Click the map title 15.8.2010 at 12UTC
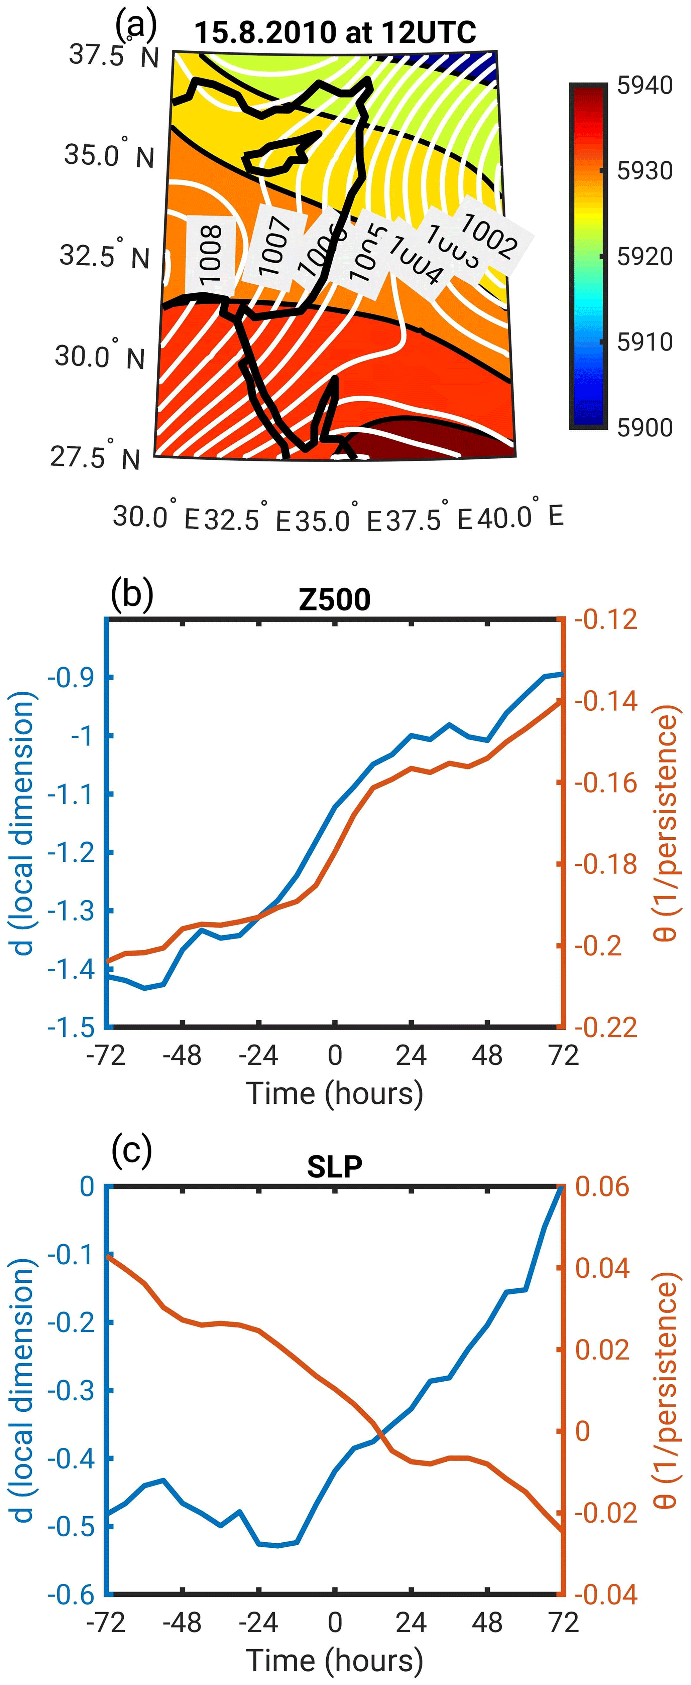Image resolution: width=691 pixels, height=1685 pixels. point(335,31)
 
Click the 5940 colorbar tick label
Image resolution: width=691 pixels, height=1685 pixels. point(645,85)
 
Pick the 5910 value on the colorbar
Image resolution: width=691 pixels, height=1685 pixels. point(645,341)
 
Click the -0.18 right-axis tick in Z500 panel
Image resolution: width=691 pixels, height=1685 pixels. point(605,864)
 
